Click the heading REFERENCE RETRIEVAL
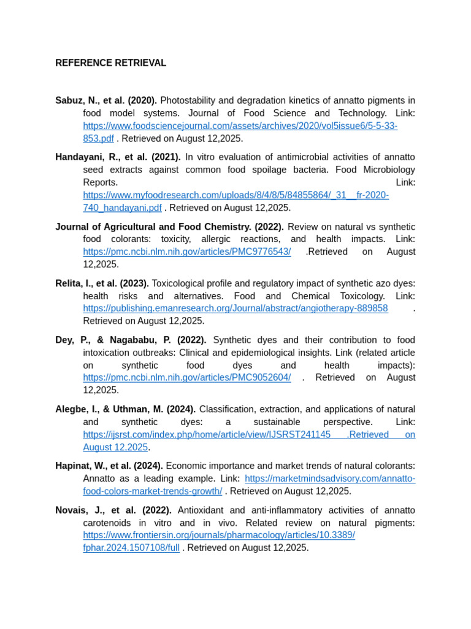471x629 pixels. click(x=110, y=63)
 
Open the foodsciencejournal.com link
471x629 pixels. click(x=240, y=126)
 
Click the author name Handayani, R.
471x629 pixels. click(x=87, y=157)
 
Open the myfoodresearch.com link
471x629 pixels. click(x=235, y=195)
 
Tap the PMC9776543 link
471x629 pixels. click(x=187, y=252)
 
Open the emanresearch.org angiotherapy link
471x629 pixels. click(x=235, y=308)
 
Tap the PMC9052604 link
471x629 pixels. click(x=187, y=378)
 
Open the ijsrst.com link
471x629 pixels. click(x=207, y=435)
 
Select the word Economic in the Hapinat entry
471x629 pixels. click(x=188, y=466)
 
